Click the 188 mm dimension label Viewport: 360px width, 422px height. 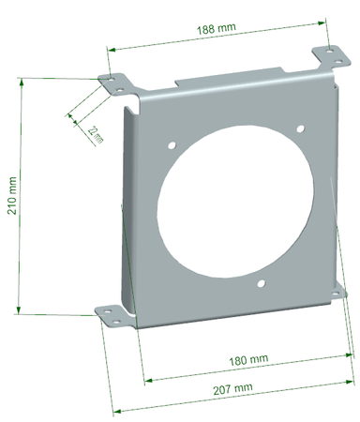pos(215,29)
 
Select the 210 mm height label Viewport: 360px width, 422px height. pos(12,197)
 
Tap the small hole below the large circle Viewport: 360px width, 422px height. pos(263,282)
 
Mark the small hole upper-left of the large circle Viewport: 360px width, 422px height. pos(173,143)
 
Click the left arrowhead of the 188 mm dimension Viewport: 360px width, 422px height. pos(110,50)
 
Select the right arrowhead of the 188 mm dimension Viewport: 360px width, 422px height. pos(323,21)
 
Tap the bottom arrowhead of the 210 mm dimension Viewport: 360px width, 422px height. pos(20,311)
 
